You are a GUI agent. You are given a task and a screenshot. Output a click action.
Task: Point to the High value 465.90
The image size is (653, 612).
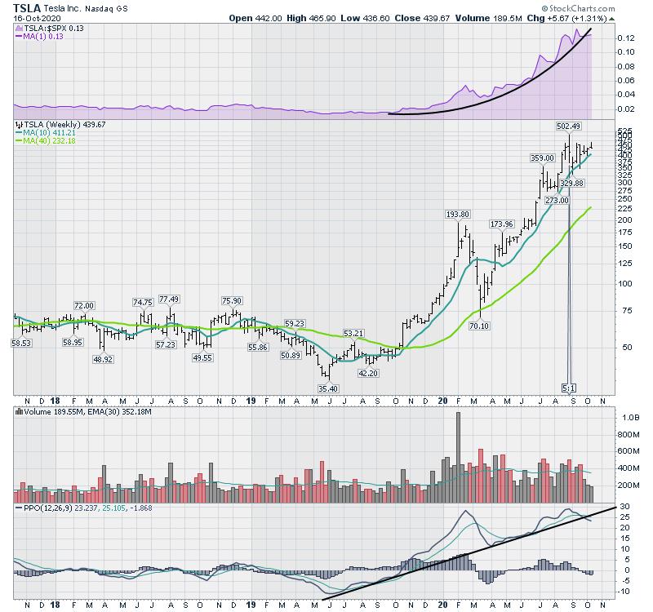327,17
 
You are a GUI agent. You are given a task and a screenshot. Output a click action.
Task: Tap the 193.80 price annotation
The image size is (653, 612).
458,214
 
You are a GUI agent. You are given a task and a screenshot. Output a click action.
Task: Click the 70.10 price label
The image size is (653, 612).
479,326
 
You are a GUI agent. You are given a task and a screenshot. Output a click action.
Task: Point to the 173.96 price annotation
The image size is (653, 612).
500,224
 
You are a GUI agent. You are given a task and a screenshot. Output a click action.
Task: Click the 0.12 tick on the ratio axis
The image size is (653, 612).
626,38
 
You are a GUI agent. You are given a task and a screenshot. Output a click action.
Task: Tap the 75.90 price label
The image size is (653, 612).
235,299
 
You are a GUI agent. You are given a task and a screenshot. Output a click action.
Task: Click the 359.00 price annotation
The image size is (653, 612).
542,158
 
